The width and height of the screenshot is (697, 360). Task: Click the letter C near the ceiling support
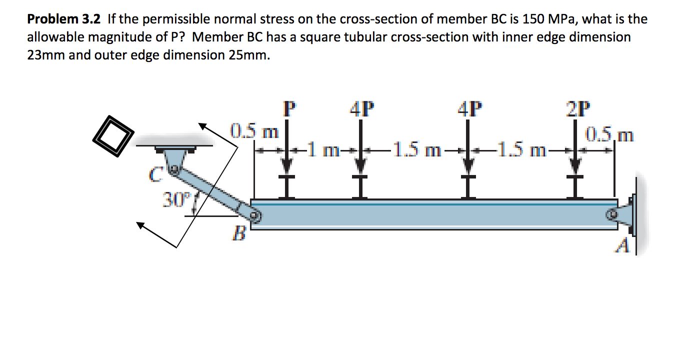tap(154, 175)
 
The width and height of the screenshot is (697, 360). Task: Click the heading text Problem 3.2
tap(64, 19)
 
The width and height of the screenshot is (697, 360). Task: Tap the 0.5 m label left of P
tap(254, 132)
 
